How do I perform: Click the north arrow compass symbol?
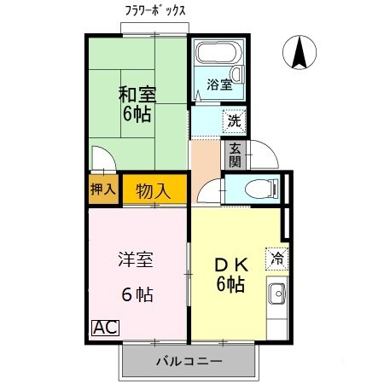coord(300,54)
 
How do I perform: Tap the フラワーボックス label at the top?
coord(155,12)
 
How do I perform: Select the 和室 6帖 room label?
coord(137,104)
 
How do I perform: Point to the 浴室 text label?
coord(219,84)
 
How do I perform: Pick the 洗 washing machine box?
coord(234,121)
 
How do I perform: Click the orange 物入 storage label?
coord(154,190)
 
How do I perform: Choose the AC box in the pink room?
coord(104,327)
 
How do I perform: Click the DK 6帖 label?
coord(230,275)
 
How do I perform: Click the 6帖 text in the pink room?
coord(137,295)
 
